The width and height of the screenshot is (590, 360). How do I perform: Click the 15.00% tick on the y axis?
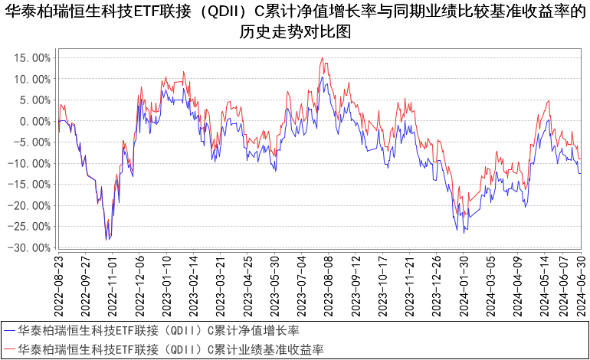(34, 57)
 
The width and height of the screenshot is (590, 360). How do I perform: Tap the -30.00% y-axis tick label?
(31, 247)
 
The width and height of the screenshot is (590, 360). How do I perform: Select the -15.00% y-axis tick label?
(31, 185)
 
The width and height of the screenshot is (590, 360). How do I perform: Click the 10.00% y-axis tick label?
(34, 79)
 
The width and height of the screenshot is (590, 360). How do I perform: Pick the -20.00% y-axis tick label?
(31, 205)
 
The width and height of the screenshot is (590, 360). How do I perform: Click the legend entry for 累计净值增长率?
(157, 331)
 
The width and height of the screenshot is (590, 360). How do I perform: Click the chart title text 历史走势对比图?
(295, 35)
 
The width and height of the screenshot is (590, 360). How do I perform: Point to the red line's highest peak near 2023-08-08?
(323, 58)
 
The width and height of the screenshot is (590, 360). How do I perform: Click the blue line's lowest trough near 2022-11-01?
(107, 241)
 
